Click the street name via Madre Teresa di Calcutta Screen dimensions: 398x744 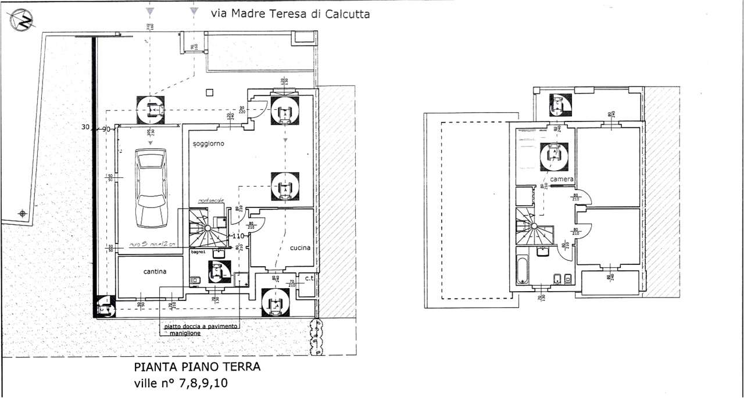[290, 14]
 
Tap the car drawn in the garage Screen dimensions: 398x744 [151, 188]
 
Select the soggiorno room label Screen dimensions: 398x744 [208, 143]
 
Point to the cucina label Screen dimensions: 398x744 [301, 248]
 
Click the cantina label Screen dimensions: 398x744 [155, 271]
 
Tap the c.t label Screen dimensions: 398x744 [310, 278]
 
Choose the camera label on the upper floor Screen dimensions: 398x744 [562, 180]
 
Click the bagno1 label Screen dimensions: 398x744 [199, 252]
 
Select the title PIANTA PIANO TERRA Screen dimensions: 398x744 [198, 367]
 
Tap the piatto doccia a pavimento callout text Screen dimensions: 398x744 [201, 327]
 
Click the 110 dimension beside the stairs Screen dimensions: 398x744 [237, 236]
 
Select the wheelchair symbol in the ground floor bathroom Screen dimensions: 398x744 [217, 271]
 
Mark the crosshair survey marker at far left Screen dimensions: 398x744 [23, 214]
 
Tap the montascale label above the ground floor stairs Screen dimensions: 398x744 [209, 200]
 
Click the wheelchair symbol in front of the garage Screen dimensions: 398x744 [151, 109]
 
